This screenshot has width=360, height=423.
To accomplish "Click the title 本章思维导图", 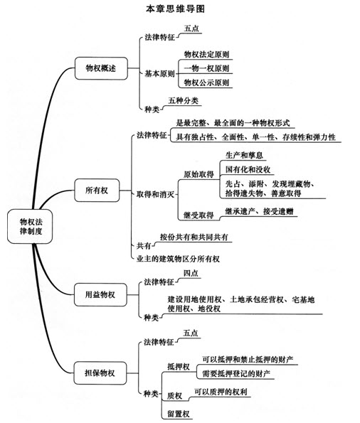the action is click(x=175, y=9).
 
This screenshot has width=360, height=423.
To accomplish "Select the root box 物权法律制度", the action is click(x=30, y=226).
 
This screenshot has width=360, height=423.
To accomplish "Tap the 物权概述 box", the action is click(x=101, y=68).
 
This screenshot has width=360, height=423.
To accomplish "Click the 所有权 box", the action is click(x=97, y=191).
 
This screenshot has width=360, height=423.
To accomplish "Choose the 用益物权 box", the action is click(x=100, y=294).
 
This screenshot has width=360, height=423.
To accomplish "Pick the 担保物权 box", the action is click(x=100, y=373).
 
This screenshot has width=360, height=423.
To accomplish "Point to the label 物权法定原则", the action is click(x=206, y=54).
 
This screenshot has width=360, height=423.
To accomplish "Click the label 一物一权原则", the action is click(x=206, y=68).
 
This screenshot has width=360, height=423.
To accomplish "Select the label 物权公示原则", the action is click(x=206, y=82).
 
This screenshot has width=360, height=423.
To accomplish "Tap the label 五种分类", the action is click(x=183, y=101).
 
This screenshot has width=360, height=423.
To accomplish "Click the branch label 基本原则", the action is click(x=160, y=73).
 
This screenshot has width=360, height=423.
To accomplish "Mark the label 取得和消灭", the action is click(x=156, y=194).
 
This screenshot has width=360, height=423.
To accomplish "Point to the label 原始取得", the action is click(x=198, y=174).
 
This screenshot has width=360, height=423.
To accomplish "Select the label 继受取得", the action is click(x=198, y=215).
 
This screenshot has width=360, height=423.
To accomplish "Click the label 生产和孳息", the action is click(x=244, y=155).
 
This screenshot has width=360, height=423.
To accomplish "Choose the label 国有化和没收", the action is click(x=248, y=169).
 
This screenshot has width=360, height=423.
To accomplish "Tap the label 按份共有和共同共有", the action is click(x=194, y=237).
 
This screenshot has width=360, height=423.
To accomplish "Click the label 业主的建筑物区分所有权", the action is click(x=178, y=259).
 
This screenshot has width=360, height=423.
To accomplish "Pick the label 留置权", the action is click(x=179, y=414).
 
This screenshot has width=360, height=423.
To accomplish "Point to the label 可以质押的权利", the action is click(x=221, y=392).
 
